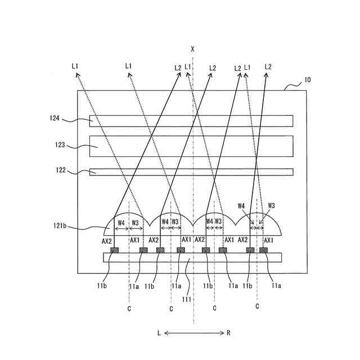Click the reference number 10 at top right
(x=307, y=80)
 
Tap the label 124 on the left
(x=54, y=118)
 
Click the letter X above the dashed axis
(x=193, y=49)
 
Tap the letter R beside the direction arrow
(x=228, y=333)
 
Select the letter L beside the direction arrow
(x=159, y=333)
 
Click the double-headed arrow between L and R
(x=193, y=333)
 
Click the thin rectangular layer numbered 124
(x=191, y=121)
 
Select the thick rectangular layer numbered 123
(x=191, y=146)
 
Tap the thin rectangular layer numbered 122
(x=191, y=172)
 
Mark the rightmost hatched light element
(x=263, y=250)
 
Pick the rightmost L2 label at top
(x=268, y=67)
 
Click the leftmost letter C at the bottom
(x=129, y=308)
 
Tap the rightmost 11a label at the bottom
(x=276, y=286)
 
